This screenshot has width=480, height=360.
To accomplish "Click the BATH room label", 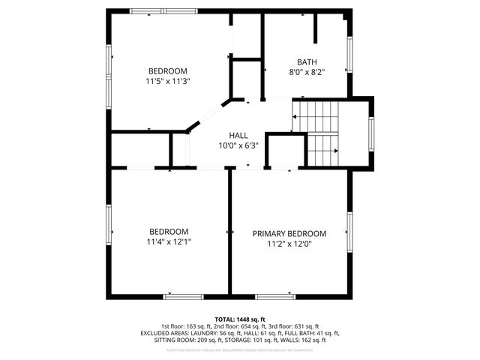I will tap(307, 62).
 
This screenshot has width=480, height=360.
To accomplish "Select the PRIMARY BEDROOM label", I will tap(289, 233).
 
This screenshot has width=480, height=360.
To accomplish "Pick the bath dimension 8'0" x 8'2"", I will tap(307, 73).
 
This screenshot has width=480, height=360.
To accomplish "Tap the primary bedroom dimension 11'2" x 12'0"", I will tap(289, 244).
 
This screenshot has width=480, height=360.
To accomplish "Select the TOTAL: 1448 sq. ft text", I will tap(240, 319).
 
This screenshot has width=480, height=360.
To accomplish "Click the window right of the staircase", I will tap(370, 132).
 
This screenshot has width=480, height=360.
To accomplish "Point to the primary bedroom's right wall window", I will tap(349, 232).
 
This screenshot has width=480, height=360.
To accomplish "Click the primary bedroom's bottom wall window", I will tap(275, 296).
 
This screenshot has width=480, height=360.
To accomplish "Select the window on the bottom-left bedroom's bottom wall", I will tap(184, 296).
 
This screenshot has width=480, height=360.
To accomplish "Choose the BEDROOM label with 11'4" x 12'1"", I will tap(168, 232).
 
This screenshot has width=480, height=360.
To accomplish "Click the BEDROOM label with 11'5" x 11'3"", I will tap(167, 70).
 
